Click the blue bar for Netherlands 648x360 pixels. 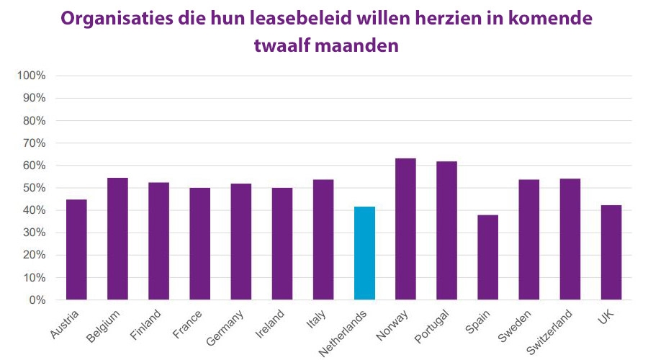[x=364, y=253]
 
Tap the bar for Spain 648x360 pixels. [x=487, y=257]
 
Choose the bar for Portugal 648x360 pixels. [x=446, y=230]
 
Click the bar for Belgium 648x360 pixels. [x=117, y=238]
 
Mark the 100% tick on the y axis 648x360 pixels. [x=32, y=76]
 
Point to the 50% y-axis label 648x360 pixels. [x=34, y=188]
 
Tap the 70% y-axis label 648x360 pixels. [x=34, y=143]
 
